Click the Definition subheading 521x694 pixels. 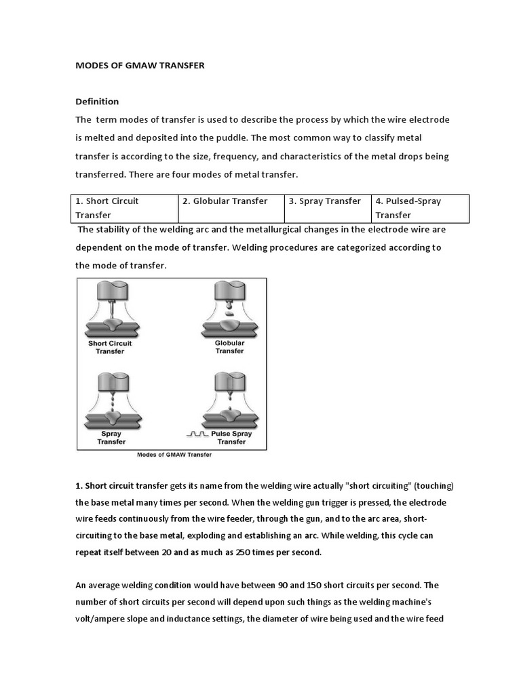(x=97, y=102)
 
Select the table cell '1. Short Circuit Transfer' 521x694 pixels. (x=124, y=208)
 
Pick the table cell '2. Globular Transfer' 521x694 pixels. (x=230, y=201)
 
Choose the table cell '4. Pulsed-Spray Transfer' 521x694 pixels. (x=420, y=208)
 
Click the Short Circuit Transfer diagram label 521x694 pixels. (x=110, y=347)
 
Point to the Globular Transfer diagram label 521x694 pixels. (x=229, y=347)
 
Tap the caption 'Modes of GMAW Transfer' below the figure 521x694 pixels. (x=174, y=455)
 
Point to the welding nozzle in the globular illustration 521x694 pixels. (x=229, y=291)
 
